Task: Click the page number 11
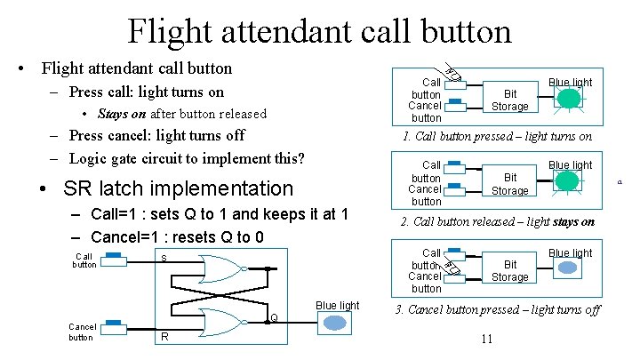tap(485, 339)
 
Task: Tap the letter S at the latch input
tap(164, 258)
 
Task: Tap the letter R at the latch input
tap(164, 337)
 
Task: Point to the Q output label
tap(275, 317)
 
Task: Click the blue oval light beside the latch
tap(338, 324)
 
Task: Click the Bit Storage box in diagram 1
tap(509, 100)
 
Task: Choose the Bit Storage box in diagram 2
tap(509, 184)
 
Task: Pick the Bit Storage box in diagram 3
tap(509, 270)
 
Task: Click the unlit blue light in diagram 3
tap(566, 270)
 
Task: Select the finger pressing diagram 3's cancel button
tap(451, 267)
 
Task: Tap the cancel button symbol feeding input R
tap(114, 326)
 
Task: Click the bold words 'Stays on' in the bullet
tap(123, 113)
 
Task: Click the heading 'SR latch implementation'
tap(178, 188)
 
